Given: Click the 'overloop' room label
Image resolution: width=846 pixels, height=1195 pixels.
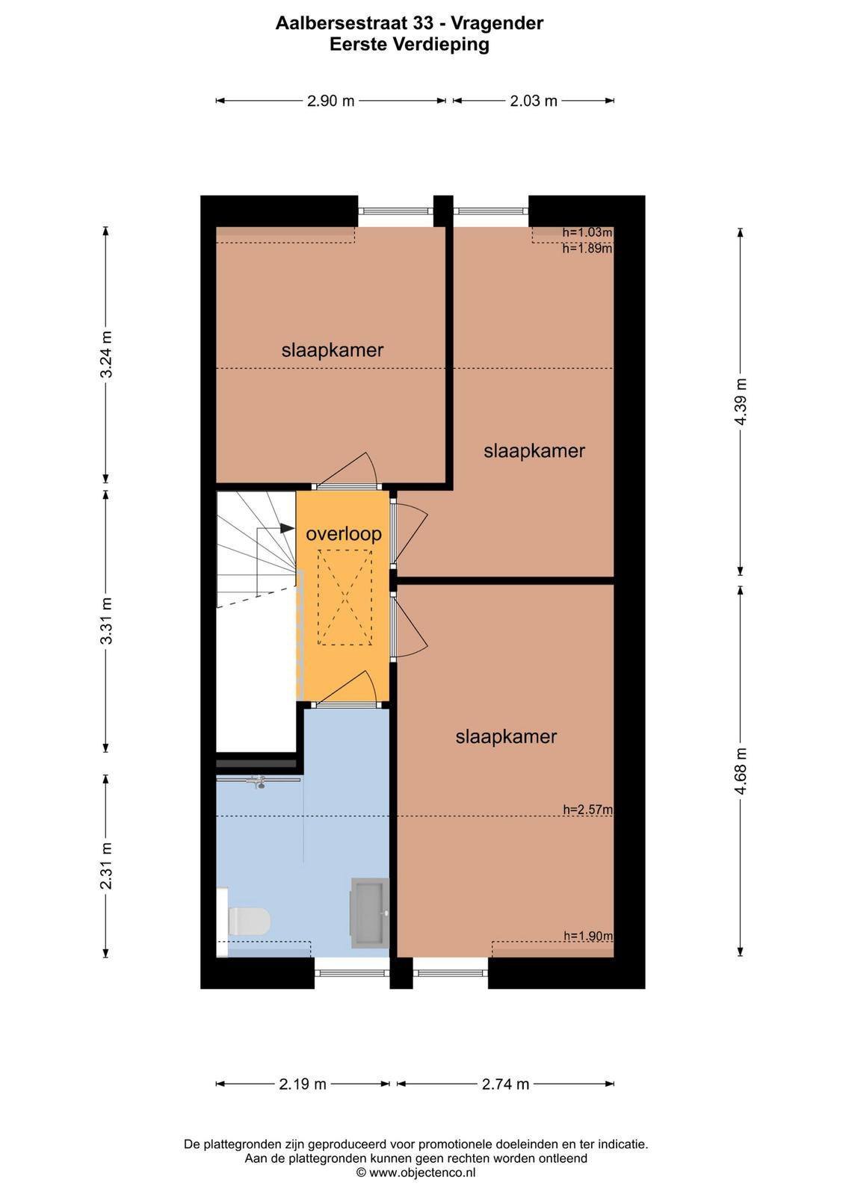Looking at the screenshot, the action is pos(343,534).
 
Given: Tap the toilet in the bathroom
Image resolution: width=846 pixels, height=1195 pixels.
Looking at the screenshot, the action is pos(248,922).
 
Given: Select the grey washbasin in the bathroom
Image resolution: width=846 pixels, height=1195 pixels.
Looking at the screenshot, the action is pos(369,913).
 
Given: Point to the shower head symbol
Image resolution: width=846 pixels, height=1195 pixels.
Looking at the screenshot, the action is pos(260,783).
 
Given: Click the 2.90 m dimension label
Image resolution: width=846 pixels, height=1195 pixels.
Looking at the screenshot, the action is pos(330,101).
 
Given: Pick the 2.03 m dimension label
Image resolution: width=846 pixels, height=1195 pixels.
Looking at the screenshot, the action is pos(533,101).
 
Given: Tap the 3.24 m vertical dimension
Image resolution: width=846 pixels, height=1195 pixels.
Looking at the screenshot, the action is pos(106,355).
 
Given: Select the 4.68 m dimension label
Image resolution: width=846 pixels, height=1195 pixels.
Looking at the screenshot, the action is pos(741,772).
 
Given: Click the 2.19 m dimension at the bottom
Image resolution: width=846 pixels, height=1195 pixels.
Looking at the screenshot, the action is pos(303,1084).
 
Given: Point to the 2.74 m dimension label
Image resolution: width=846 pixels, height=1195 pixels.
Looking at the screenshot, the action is pos(505,1084).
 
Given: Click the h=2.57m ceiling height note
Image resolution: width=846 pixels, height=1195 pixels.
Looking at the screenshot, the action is pos(587,810).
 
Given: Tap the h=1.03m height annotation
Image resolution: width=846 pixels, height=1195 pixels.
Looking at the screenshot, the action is pos(587,232).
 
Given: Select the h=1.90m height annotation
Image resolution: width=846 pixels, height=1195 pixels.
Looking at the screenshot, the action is pos(588,936).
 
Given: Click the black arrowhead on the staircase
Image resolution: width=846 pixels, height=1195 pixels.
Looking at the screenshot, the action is pos(287,528).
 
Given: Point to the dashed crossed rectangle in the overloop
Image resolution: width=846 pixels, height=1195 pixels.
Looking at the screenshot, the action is pos(345,597).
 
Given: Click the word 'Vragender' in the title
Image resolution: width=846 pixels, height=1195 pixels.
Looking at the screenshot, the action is pos(497,23).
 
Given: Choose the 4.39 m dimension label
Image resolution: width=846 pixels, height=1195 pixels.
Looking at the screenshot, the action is pos(741,401).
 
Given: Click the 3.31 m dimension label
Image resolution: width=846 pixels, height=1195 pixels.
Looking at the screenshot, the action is pos(106,621).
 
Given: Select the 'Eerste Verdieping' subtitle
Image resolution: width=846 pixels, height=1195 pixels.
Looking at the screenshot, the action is pos(410,44).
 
